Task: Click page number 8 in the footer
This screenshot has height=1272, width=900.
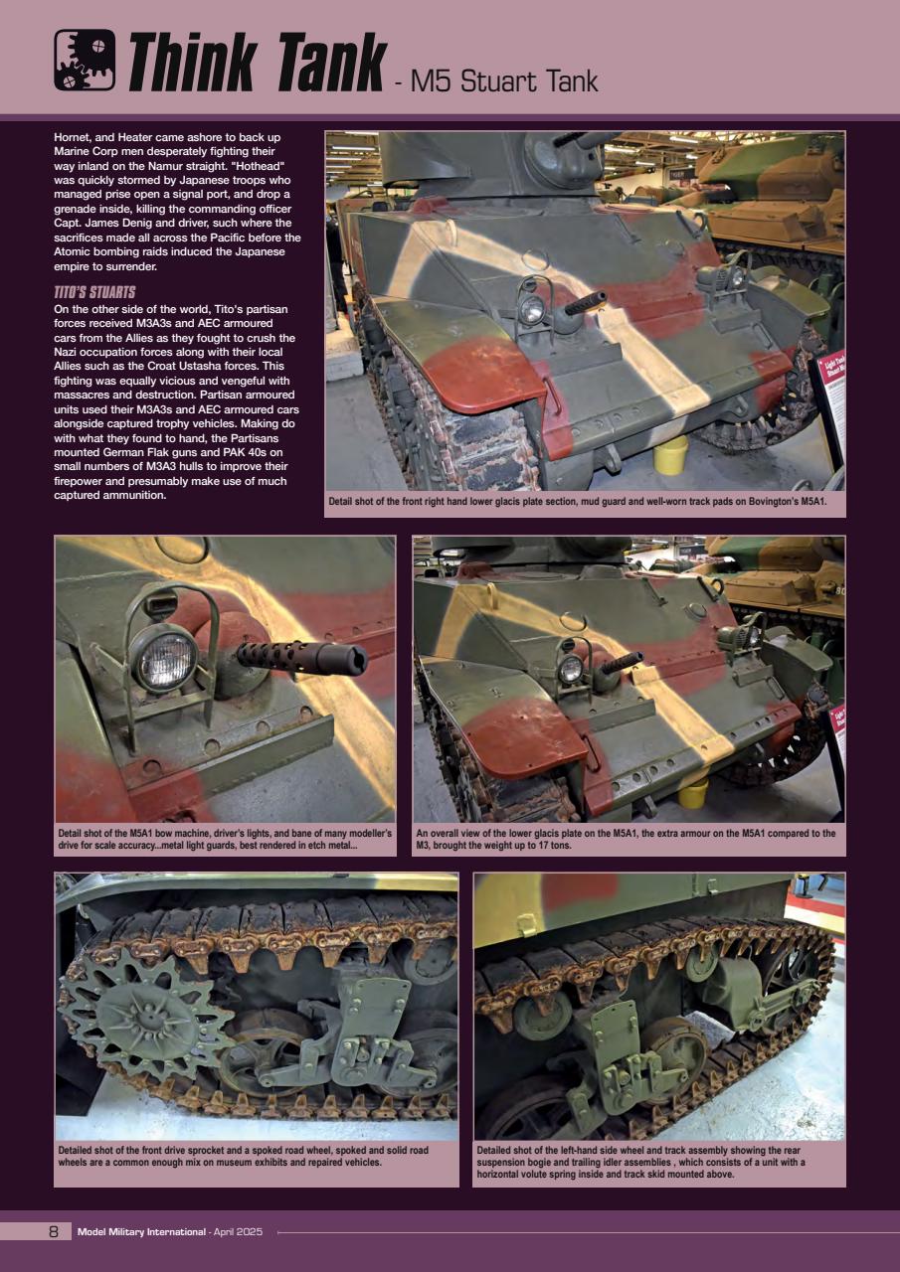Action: [54, 1232]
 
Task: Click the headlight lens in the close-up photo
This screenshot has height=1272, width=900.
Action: [166, 658]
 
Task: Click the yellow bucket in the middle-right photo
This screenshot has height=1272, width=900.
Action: [692, 792]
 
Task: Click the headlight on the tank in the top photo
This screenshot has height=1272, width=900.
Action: [533, 311]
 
